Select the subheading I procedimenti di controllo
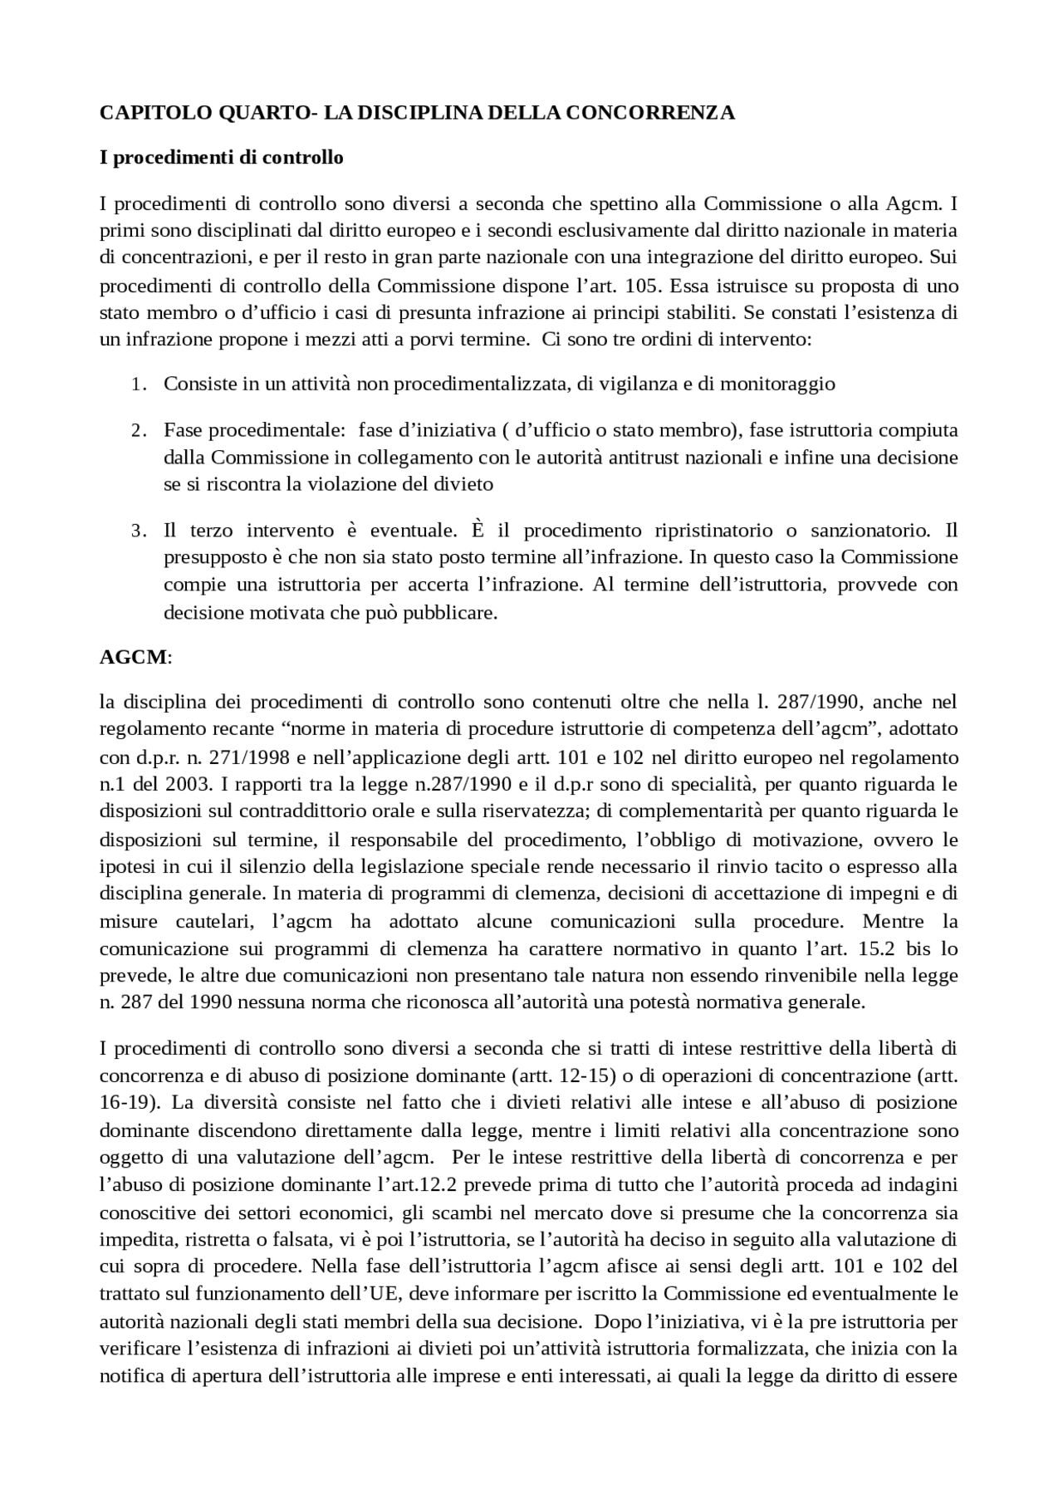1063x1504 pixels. pyautogui.click(x=221, y=157)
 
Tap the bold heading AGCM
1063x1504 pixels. pyautogui.click(x=133, y=658)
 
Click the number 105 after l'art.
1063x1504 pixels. pyautogui.click(x=639, y=286)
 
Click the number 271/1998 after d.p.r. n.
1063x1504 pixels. pyautogui.click(x=218, y=757)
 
